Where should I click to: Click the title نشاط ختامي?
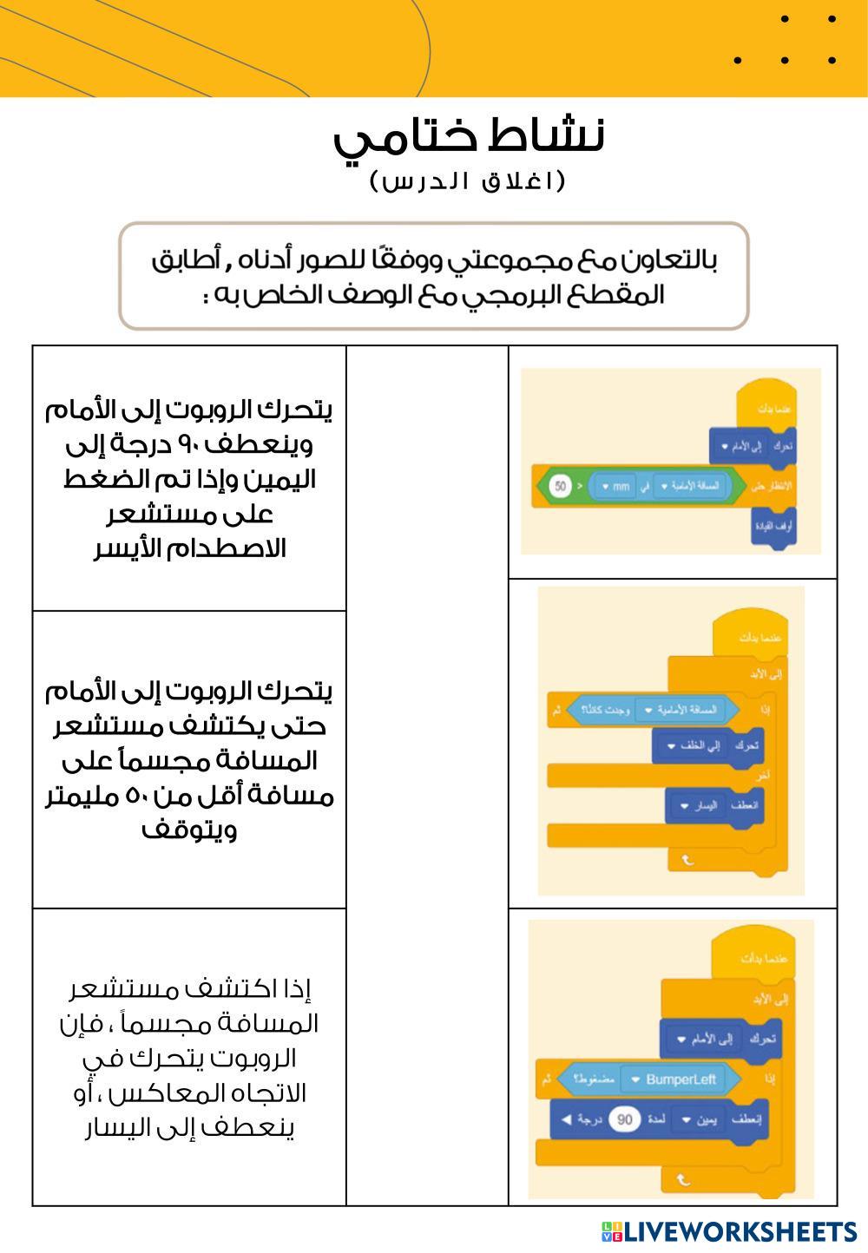tap(469, 137)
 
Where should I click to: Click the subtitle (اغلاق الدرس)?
tap(468, 181)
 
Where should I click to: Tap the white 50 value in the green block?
tap(559, 486)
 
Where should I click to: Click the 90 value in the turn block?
tap(625, 1120)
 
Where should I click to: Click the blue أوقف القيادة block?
tap(773, 527)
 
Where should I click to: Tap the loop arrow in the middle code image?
tap(687, 860)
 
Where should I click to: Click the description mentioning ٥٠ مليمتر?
tap(189, 759)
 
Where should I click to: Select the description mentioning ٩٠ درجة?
tap(189, 478)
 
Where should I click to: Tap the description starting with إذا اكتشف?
tap(189, 1058)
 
